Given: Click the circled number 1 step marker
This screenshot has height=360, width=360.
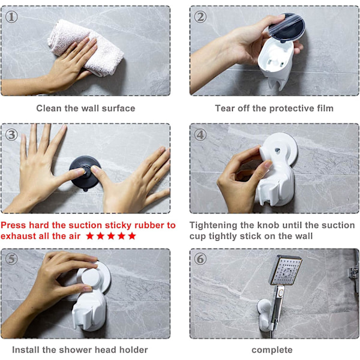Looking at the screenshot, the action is [11, 17].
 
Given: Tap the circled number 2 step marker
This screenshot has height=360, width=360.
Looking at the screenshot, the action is [200, 17].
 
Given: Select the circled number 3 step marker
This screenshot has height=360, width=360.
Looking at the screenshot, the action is [11, 135].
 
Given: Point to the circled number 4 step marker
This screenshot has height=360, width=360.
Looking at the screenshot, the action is [200, 135].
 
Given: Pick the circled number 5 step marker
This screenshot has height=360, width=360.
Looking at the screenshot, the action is [11, 259].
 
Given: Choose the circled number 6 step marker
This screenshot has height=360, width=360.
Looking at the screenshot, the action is [200, 259].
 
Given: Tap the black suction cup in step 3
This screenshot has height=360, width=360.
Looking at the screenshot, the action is [85, 174].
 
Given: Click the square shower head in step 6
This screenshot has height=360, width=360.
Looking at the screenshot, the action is [286, 270].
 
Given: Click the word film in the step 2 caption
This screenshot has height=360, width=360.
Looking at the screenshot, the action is [325, 109].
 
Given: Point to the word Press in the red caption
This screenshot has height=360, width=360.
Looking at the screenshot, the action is [14, 225].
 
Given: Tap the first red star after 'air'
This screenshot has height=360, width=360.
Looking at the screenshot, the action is [90, 236].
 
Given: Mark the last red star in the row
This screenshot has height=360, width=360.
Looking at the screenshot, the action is [132, 236].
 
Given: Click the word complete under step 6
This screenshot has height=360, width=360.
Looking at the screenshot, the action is [272, 350].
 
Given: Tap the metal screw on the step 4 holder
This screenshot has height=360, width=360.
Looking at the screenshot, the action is [277, 151].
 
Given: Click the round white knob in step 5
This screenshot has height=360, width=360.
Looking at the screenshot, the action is [91, 278].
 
